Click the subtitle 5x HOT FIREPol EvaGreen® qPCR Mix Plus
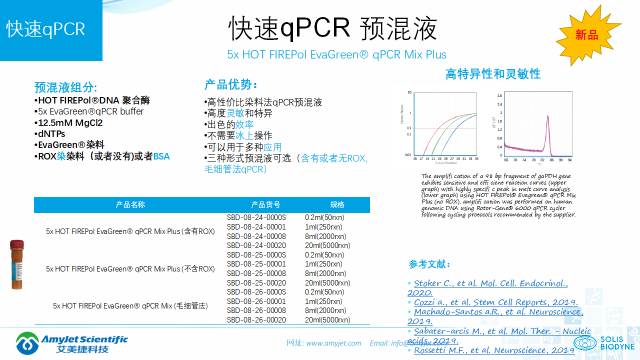click(x=336, y=54)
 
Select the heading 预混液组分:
click(x=65, y=87)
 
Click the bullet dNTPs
click(x=51, y=134)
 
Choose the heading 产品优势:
click(x=230, y=84)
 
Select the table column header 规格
click(x=337, y=204)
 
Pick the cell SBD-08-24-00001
click(x=256, y=227)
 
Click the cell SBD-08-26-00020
click(x=256, y=320)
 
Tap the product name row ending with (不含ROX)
click(x=130, y=269)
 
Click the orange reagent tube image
click(x=17, y=264)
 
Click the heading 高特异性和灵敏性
click(x=493, y=74)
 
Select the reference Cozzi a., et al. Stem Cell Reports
click(x=495, y=302)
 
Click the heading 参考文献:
click(x=429, y=264)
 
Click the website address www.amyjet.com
click(x=333, y=343)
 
